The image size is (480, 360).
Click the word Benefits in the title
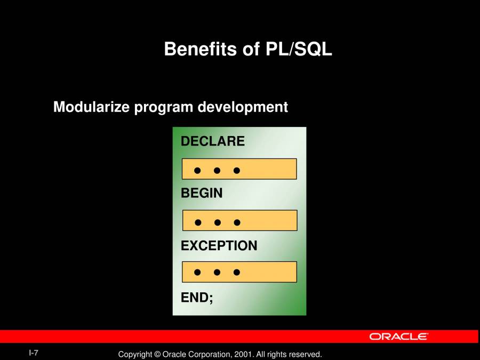coord(200,49)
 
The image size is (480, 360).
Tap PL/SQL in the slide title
coord(299,49)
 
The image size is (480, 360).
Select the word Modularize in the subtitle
coord(91,107)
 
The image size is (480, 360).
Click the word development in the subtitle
coord(243,107)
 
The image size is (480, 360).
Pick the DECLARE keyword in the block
coord(212,141)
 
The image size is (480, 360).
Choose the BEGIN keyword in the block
coord(202,193)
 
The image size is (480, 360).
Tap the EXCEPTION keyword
coord(219,245)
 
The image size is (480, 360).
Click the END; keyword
coord(197,298)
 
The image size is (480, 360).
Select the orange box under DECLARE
coord(239,169)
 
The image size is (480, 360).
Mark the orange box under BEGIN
coord(239,220)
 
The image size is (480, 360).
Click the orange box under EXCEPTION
coord(239,272)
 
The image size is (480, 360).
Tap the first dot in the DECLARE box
coord(197,171)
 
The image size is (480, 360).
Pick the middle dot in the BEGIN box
coord(218,222)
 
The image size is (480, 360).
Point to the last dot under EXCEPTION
coord(237,272)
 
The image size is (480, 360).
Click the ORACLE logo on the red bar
coord(398,337)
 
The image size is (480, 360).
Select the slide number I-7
coord(34,353)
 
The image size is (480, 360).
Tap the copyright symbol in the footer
coord(157,355)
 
